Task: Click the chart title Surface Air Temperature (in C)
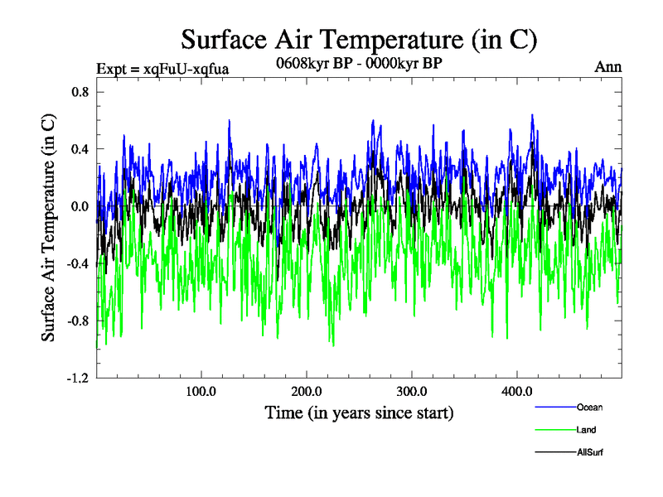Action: [359, 39]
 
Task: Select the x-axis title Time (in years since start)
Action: [359, 412]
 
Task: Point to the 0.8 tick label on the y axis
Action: [79, 92]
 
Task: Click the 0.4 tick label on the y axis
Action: [79, 149]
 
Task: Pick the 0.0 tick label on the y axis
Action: [79, 206]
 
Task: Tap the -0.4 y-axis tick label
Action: [77, 263]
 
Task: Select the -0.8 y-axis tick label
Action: [77, 321]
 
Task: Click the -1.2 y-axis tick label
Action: [77, 378]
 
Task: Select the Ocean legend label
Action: [589, 407]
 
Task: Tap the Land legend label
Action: [586, 430]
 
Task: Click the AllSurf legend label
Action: [589, 452]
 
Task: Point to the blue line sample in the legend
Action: [555, 408]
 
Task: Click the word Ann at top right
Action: [607, 67]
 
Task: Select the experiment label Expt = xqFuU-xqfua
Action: [163, 68]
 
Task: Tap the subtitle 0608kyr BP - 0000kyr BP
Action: [359, 62]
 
